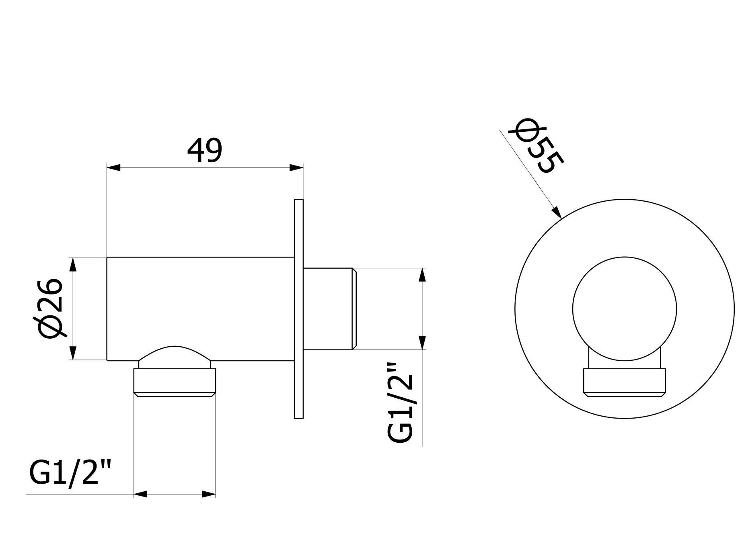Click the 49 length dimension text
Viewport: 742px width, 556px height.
coord(204,151)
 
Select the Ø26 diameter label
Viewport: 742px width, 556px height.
coord(51,308)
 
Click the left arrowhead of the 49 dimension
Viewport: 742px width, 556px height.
coord(113,168)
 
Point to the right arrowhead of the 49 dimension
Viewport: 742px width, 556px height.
coord(296,168)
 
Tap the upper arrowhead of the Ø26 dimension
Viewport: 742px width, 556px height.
coord(73,265)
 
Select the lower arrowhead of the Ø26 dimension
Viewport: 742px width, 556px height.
coord(73,352)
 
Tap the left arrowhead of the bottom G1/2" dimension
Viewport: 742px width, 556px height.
coord(141,494)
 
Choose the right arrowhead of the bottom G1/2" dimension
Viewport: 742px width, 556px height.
coord(209,494)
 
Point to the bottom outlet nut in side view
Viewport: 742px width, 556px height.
coord(175,382)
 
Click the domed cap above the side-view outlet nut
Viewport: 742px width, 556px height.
coord(175,355)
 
